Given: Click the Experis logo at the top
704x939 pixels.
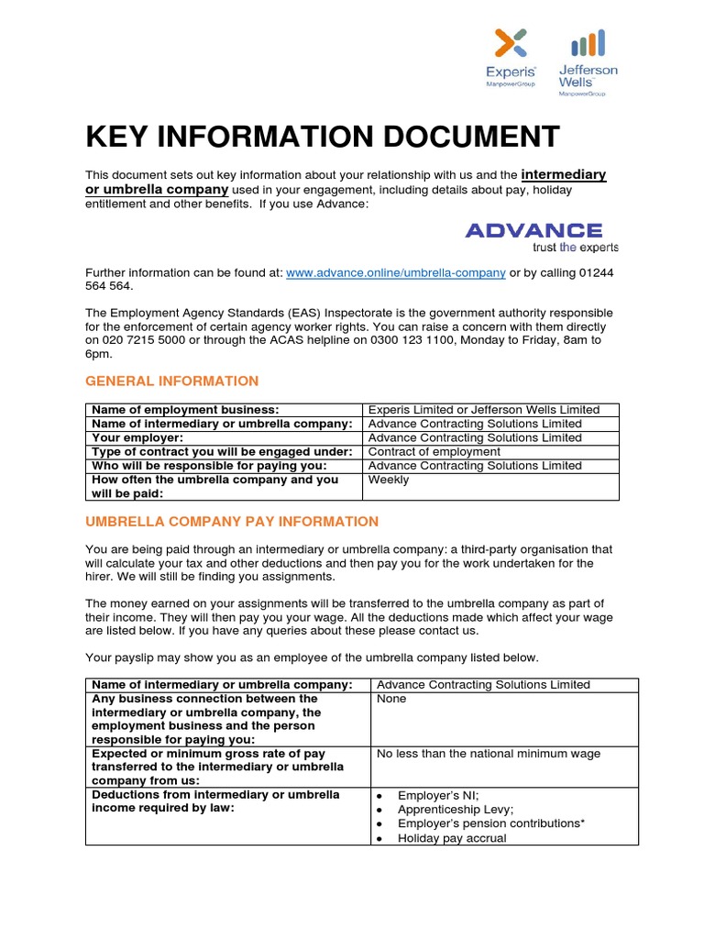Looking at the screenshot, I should (x=511, y=59).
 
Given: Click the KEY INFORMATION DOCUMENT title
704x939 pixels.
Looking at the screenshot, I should (x=322, y=137).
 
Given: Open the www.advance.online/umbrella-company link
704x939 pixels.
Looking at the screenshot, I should (x=395, y=272).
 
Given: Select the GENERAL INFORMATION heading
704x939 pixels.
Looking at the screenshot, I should (x=171, y=381).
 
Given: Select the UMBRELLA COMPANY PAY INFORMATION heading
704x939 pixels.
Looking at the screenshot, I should (x=231, y=521).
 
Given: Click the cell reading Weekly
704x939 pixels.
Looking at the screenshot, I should (x=389, y=480).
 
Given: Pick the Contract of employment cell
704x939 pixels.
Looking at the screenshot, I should (x=434, y=452).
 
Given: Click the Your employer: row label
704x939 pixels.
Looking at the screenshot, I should (x=137, y=438).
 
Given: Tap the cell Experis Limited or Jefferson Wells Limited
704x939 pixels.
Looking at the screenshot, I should (x=483, y=410).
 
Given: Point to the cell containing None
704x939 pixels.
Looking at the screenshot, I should (x=391, y=699).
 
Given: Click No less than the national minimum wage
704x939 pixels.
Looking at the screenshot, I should (x=489, y=754).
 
